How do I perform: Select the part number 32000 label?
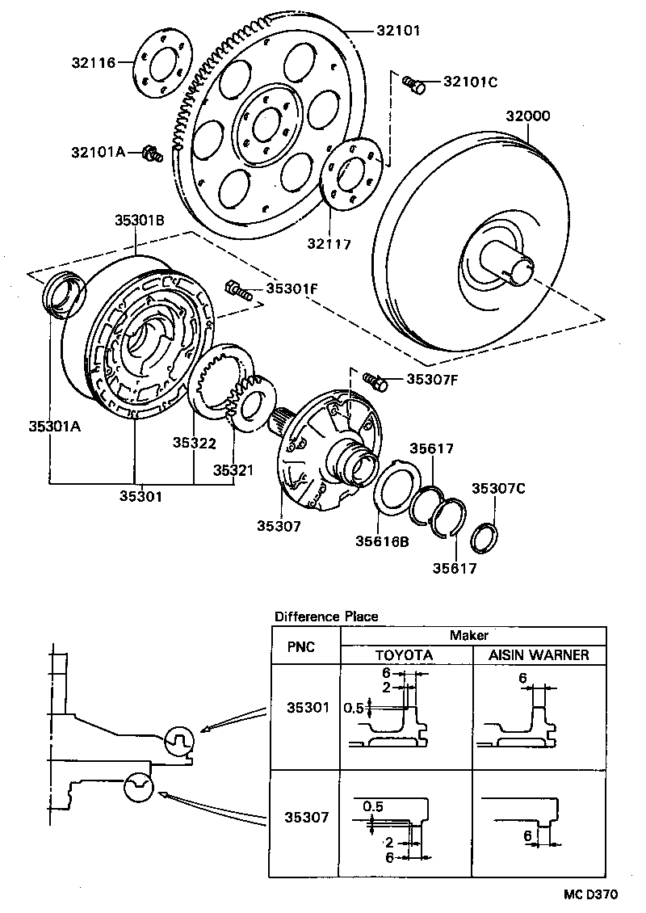528,116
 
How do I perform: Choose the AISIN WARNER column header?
538,654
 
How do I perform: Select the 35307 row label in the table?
307,817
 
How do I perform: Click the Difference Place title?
326,616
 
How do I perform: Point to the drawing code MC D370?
590,894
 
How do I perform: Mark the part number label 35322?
194,442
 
